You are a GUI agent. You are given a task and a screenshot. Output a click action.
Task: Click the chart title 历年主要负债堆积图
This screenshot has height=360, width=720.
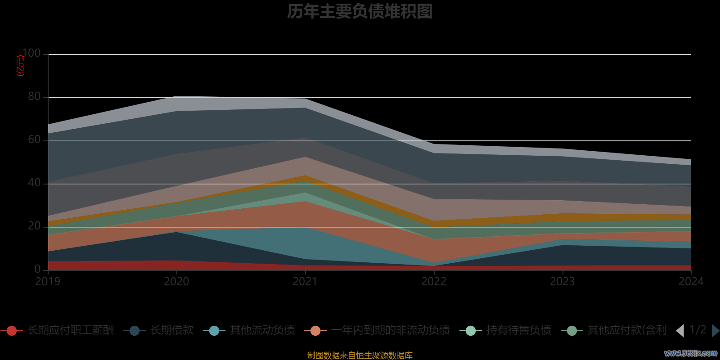click(360, 12)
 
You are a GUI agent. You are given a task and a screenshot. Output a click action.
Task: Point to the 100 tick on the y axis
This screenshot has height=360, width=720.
click(31, 54)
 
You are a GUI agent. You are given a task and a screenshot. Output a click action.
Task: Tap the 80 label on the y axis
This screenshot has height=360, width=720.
click(34, 97)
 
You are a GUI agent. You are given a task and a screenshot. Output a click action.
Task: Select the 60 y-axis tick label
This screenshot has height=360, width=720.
click(34, 140)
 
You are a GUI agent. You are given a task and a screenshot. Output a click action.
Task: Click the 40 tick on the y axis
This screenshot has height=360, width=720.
click(34, 183)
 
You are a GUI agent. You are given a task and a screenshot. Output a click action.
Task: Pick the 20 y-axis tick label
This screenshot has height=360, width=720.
click(34, 226)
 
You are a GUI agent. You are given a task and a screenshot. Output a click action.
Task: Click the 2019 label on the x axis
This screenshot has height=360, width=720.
click(48, 282)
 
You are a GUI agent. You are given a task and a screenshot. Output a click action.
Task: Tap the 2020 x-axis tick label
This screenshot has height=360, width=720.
click(176, 282)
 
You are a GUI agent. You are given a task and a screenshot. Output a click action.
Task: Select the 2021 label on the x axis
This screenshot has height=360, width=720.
click(305, 282)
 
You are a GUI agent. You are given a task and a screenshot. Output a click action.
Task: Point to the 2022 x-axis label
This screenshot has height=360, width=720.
click(434, 282)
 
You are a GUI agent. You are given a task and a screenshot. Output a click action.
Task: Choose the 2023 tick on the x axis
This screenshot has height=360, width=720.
click(562, 282)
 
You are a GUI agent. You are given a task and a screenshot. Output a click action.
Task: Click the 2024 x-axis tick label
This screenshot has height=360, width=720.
click(691, 282)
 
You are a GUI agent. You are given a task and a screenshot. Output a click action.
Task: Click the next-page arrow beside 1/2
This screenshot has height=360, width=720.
click(715, 331)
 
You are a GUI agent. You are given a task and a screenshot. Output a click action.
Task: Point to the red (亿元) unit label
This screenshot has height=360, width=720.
click(20, 66)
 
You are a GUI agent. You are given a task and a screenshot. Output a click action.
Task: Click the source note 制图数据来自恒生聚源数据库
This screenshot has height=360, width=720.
click(360, 355)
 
